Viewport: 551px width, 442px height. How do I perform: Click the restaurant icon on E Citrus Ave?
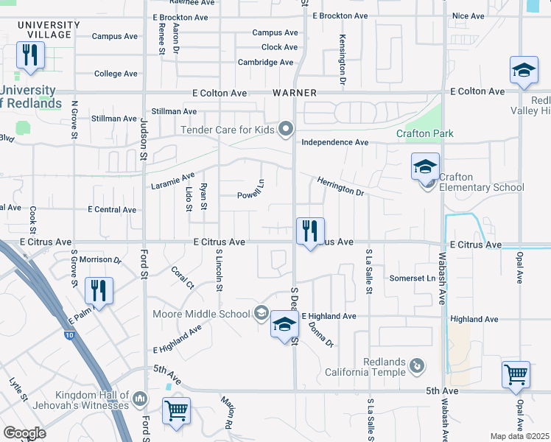coord(310,231)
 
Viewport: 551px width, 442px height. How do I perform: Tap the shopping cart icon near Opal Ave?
coord(516,374)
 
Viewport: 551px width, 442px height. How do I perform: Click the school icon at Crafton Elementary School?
coord(425,166)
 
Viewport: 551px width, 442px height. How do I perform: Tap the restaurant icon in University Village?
coord(30,55)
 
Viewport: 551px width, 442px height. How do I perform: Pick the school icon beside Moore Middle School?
coord(284,324)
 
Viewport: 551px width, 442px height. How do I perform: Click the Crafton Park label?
coord(424,133)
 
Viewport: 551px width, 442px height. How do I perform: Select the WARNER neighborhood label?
coord(294,93)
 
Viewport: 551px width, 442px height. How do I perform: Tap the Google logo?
coord(24,432)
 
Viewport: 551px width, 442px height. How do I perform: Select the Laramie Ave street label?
coord(172,180)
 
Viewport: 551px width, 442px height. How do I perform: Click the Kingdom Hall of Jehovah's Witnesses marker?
coord(141,400)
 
